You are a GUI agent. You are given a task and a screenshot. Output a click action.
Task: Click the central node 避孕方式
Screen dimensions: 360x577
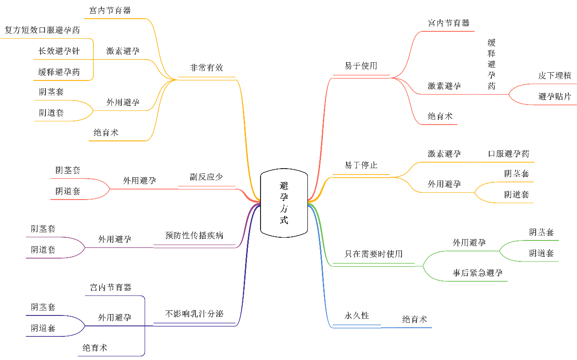[x=284, y=203]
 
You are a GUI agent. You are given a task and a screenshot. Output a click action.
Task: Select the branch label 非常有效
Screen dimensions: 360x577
[x=207, y=68]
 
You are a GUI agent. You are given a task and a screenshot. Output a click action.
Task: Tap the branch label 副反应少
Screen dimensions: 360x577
[x=206, y=177]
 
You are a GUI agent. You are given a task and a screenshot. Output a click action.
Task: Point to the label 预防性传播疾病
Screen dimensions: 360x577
[x=194, y=235]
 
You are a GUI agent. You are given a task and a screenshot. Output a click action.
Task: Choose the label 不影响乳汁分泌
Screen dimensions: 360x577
[x=194, y=314]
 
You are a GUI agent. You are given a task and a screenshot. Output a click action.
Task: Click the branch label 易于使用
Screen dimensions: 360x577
[x=361, y=66]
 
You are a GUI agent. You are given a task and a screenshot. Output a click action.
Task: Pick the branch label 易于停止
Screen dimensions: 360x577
[x=361, y=165]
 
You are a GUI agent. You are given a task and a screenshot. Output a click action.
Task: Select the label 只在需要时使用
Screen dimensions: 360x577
[x=373, y=254]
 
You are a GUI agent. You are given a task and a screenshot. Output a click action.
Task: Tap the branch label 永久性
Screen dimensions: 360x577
[x=356, y=315]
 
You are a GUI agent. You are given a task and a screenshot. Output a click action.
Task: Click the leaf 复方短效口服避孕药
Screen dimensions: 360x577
[x=42, y=30]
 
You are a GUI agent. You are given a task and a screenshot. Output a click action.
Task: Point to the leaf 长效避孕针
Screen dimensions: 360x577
[x=59, y=51]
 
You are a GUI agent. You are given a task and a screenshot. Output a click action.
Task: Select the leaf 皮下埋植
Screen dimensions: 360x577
[x=555, y=75]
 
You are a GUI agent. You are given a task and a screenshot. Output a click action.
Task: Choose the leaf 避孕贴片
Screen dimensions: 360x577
[x=555, y=96]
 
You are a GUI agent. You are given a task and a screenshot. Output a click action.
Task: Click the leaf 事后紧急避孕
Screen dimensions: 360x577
[x=477, y=273]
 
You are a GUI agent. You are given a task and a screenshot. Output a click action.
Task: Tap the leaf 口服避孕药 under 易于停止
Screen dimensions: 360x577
[x=508, y=154]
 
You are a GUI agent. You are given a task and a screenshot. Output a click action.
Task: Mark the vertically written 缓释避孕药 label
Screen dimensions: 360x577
[x=492, y=64]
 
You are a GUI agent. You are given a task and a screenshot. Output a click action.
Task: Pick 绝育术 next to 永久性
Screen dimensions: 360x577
[x=415, y=320]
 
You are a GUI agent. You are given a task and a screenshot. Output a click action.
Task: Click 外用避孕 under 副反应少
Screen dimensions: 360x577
[x=140, y=180]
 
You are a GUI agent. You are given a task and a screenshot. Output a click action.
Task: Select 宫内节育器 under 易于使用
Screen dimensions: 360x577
[x=449, y=23]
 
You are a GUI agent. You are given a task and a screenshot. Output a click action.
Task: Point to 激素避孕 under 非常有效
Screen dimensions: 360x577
[x=123, y=51]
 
